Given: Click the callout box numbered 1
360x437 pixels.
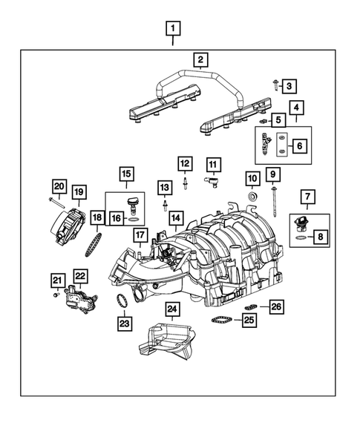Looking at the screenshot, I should pyautogui.click(x=172, y=30).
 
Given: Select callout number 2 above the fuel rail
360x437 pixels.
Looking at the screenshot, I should pyautogui.click(x=200, y=59).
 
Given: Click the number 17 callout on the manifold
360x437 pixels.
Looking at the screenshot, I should pyautogui.click(x=139, y=236).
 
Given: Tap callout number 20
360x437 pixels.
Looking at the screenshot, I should pyautogui.click(x=59, y=185).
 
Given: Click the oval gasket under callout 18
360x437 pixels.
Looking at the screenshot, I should pyautogui.click(x=95, y=243).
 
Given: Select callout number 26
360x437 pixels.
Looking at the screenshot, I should pyautogui.click(x=275, y=306).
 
